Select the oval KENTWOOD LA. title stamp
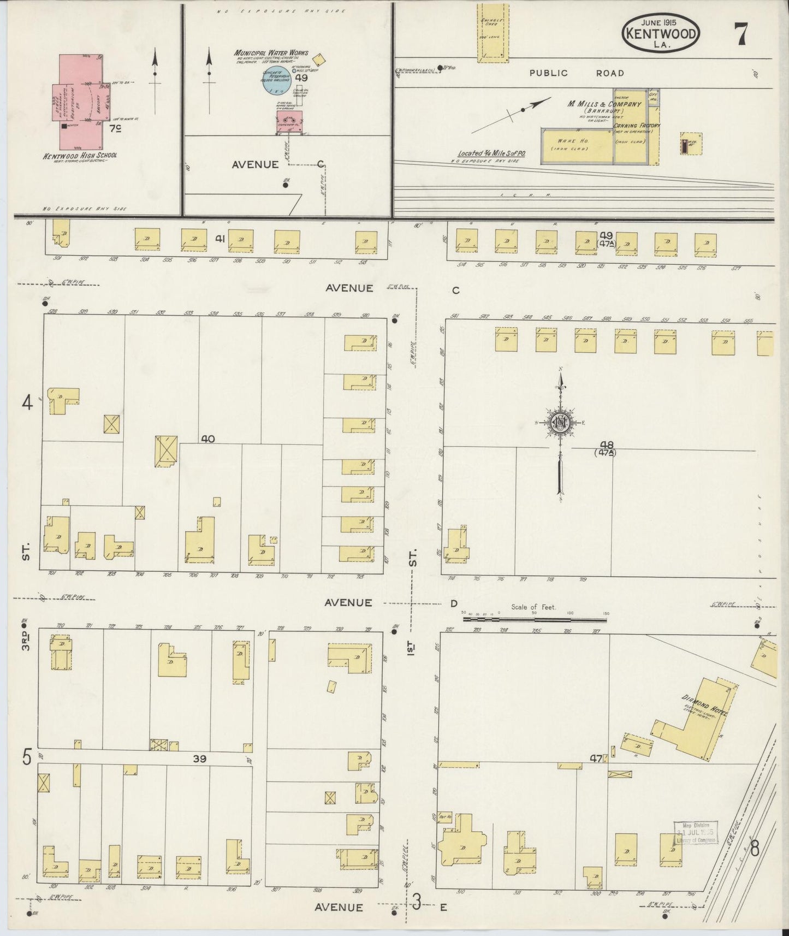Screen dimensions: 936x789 [661, 34]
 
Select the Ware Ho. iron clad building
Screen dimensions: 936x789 [576, 145]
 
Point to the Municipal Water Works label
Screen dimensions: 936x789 [271, 53]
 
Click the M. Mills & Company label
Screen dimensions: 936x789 [605, 104]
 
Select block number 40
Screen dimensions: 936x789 [207, 438]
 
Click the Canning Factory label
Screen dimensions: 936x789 [637, 126]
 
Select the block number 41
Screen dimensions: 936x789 [220, 239]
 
